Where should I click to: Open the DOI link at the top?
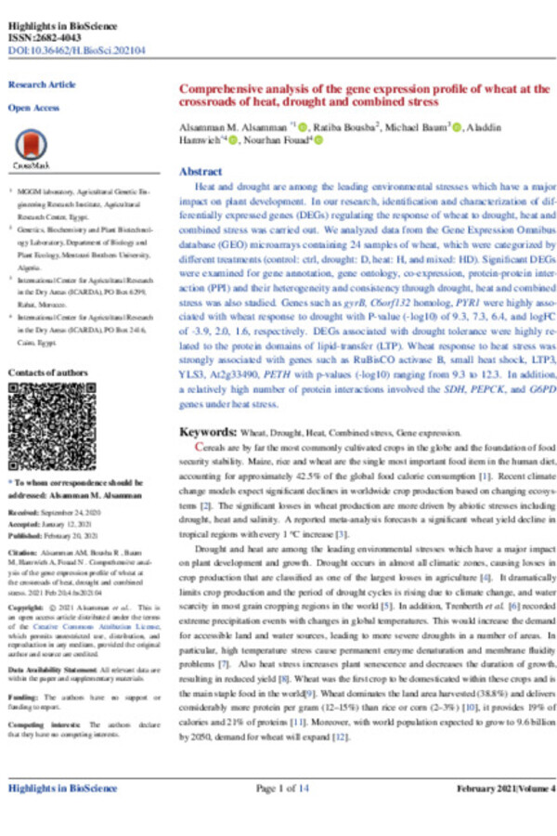point(64,41)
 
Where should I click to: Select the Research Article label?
point(42,85)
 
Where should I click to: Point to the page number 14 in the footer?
point(304,789)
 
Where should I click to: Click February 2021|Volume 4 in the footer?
point(506,789)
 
